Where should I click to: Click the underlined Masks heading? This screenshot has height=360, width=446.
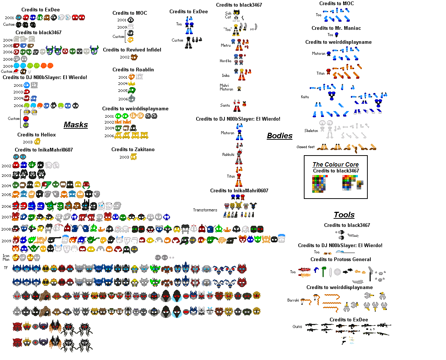point(76,125)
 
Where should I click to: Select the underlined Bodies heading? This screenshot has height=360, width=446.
point(279,136)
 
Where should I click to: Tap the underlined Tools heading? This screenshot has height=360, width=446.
point(344,215)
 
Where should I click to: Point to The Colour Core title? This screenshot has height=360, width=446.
point(335,164)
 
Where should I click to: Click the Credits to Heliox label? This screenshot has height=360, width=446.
point(36,135)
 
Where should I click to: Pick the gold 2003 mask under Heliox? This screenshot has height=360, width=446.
point(37,141)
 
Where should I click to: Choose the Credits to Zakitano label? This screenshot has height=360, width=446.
point(133,149)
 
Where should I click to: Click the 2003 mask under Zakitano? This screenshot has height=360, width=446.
point(134,157)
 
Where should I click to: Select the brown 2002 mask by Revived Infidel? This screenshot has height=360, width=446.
point(134,57)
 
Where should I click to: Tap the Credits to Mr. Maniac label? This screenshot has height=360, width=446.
point(336,28)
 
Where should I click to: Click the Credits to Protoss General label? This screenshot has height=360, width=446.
point(341,259)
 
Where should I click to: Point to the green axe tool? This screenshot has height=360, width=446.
point(324,271)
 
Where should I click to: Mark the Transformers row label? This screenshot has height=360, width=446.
point(205,210)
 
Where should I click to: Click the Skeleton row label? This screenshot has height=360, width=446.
point(311,131)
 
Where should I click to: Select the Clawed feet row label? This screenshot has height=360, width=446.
point(306,147)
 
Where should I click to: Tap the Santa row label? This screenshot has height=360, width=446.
point(225,106)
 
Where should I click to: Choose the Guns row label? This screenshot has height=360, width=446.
point(297,327)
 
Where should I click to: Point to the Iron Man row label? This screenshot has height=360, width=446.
point(6,257)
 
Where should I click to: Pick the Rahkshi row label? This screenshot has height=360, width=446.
point(228,154)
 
